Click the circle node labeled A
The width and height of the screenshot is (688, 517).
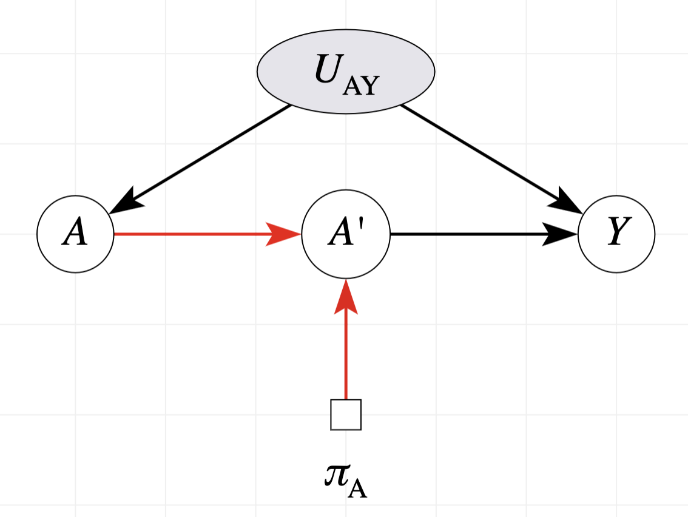[75, 234]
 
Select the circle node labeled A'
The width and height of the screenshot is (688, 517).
[346, 234]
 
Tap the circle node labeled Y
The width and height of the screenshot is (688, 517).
[616, 234]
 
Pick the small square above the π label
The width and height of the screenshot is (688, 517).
[346, 414]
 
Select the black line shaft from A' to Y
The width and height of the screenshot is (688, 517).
[467, 234]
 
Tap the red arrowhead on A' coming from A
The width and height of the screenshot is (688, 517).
[284, 234]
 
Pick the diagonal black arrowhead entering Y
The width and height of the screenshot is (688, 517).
[568, 201]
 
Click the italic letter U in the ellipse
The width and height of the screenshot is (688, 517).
[328, 70]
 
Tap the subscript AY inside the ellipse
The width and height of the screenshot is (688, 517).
[360, 86]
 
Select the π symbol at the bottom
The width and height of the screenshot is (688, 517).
[336, 477]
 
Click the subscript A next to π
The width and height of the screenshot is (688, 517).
[358, 489]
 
